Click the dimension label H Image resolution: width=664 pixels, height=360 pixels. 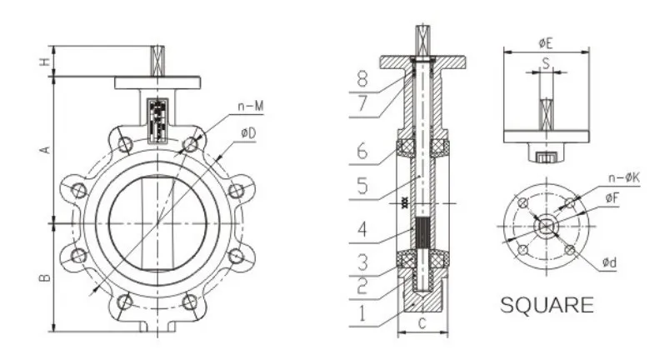tap(45, 61)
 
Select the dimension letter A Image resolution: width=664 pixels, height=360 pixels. tap(46, 149)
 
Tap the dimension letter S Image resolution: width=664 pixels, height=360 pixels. tap(546, 62)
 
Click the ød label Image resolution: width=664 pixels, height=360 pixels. tap(612, 264)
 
